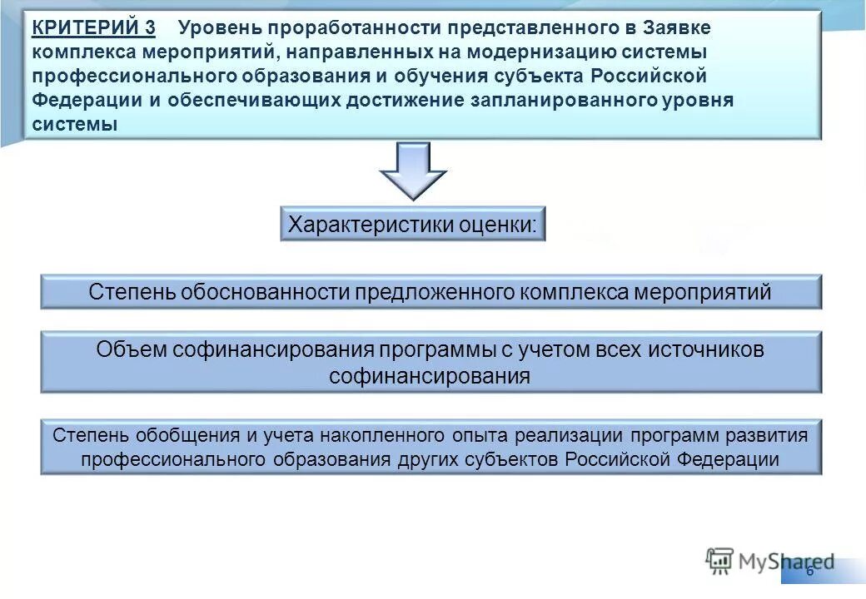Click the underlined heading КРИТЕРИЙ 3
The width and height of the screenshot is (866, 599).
point(93,27)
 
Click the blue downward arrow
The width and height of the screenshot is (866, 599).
point(413,171)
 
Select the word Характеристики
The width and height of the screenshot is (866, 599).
point(360,224)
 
